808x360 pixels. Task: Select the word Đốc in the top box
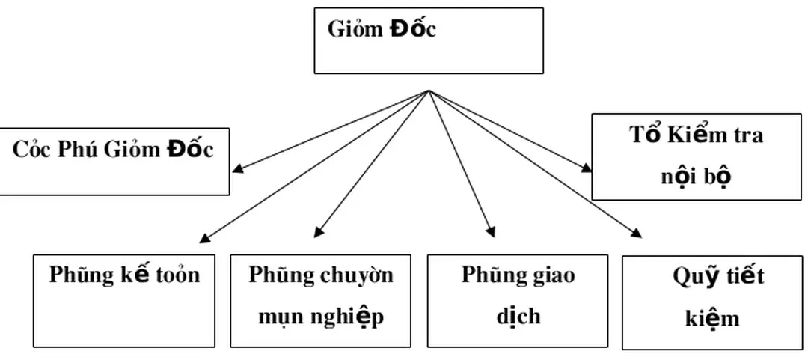tap(412, 30)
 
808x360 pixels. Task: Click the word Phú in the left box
tap(76, 150)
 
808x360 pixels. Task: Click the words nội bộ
tap(696, 177)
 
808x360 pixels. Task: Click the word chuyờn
tap(357, 275)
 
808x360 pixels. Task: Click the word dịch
tap(518, 317)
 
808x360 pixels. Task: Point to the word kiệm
tap(712, 319)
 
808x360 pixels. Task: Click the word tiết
tap(744, 277)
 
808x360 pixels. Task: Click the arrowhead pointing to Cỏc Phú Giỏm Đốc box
tap(237, 168)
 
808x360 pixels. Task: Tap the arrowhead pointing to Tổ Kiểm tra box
tap(587, 168)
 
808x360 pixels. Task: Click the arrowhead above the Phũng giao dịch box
tap(491, 232)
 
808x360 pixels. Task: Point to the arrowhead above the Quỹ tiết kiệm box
tap(637, 233)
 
